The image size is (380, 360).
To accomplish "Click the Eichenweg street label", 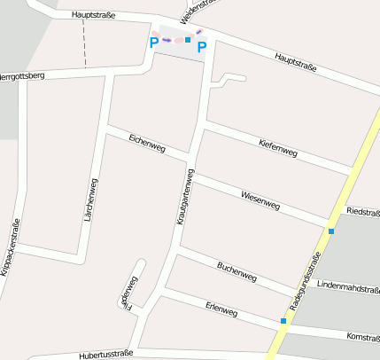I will tap(146, 142).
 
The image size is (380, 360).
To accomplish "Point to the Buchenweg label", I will tap(237, 271).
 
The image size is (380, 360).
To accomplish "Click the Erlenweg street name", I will tap(221, 310).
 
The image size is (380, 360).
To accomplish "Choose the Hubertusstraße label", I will tap(105, 354).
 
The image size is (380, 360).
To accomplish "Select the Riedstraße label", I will tap(364, 212).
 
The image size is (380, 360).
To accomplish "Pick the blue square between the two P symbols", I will tap(188, 40).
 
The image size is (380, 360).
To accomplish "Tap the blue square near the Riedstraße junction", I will tap(331, 231).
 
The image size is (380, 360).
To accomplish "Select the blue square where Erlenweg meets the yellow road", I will tap(283, 321).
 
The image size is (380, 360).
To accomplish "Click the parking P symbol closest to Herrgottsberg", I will tap(154, 42).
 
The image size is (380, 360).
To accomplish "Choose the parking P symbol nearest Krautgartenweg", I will tap(202, 47).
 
